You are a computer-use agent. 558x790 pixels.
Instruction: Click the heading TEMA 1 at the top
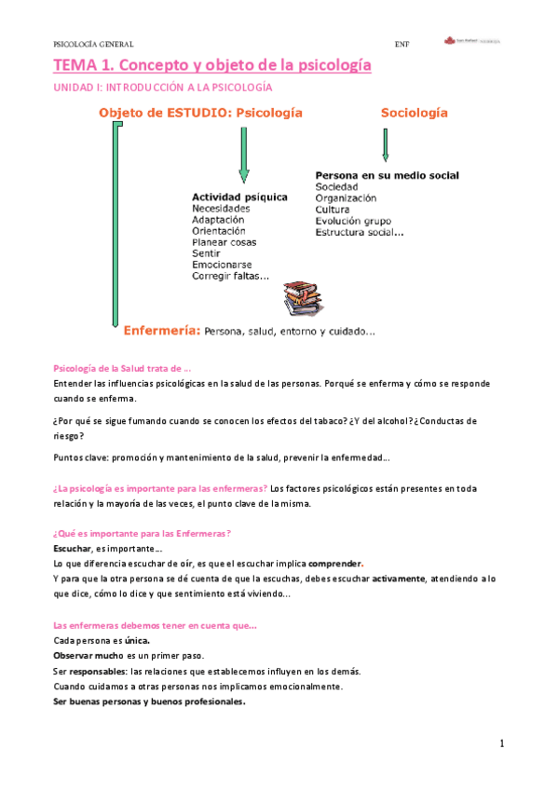212,65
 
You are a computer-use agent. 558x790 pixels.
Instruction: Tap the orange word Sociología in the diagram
414,113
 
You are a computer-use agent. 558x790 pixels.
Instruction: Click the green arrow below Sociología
385,144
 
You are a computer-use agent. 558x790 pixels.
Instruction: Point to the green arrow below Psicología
243,155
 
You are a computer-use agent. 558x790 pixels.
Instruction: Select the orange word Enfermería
161,330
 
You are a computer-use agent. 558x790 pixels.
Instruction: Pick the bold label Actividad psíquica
238,197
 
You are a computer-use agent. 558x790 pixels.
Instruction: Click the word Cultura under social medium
333,210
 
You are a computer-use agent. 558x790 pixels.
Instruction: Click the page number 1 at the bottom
501,743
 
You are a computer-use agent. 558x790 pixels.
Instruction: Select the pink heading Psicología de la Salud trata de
122,369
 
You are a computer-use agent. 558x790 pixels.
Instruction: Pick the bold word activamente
399,579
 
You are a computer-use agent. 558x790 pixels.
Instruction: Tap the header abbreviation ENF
401,44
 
